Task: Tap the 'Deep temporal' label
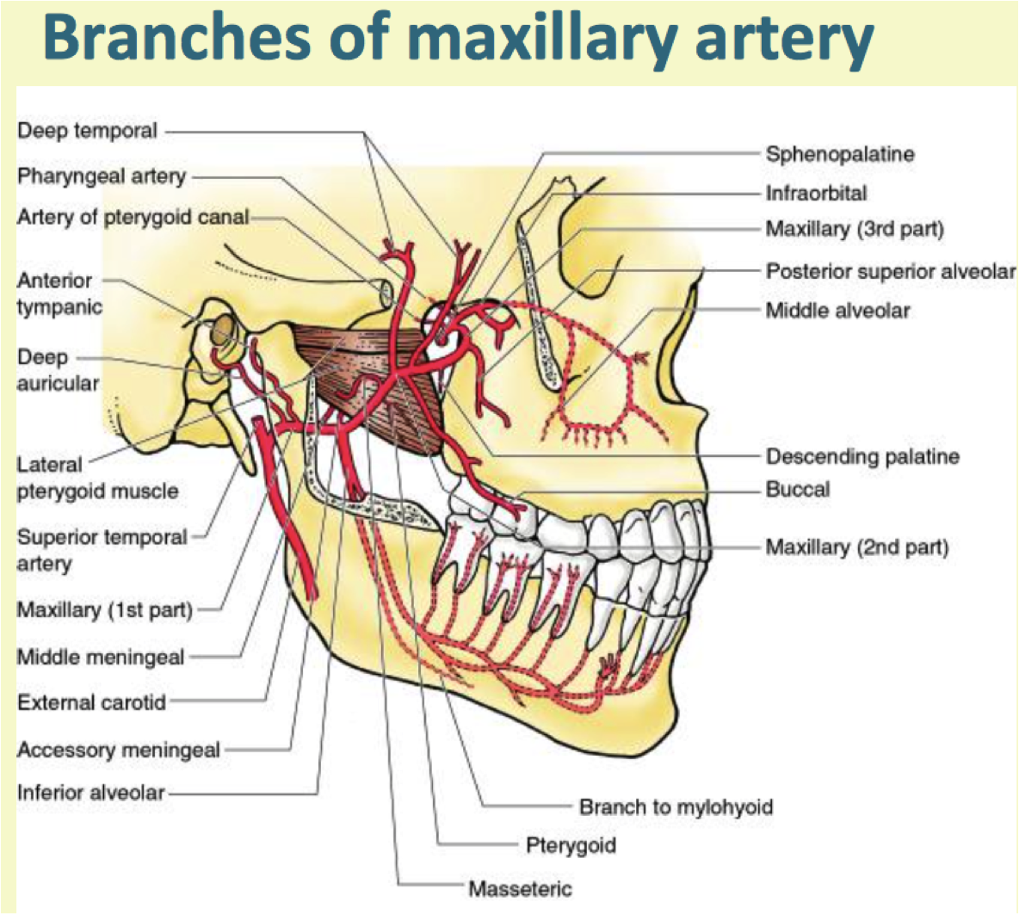tap(87, 132)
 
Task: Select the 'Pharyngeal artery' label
tap(102, 176)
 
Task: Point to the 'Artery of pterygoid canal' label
tap(133, 218)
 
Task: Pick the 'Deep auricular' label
tap(57, 370)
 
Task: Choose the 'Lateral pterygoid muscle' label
tap(97, 478)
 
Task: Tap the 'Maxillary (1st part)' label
tap(104, 610)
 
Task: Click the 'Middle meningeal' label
tap(101, 658)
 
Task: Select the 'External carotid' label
tap(91, 702)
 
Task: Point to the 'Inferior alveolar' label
tap(90, 792)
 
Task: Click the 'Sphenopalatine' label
tap(840, 155)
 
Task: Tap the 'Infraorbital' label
tap(816, 193)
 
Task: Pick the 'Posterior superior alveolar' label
tap(890, 271)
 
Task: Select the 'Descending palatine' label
tap(862, 456)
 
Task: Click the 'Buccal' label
tap(798, 490)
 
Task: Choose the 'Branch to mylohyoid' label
tap(676, 807)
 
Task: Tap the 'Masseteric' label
tap(520, 888)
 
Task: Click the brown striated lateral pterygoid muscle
tap(379, 379)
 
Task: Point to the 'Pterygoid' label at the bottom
tap(571, 845)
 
